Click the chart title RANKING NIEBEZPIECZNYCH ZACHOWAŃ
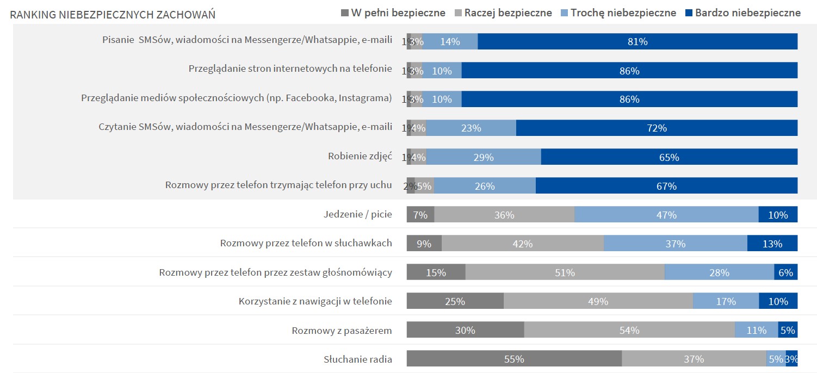[x=113, y=15]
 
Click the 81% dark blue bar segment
[x=637, y=41]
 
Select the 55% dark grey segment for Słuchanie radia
[x=514, y=359]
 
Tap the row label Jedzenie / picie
[x=357, y=214]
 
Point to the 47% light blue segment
[x=666, y=215]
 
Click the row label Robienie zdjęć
[x=360, y=156]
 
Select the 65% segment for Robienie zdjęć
[x=669, y=157]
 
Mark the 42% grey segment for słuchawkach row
[x=522, y=244]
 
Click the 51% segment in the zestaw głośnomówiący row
[x=565, y=272]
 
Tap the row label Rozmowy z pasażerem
[x=342, y=330]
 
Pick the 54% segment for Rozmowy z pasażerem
[x=629, y=330]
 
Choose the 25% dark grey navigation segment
[x=455, y=301]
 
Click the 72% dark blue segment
[x=657, y=128]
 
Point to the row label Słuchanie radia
[x=357, y=359]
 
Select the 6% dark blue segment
[x=785, y=272]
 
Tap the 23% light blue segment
[x=471, y=128]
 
